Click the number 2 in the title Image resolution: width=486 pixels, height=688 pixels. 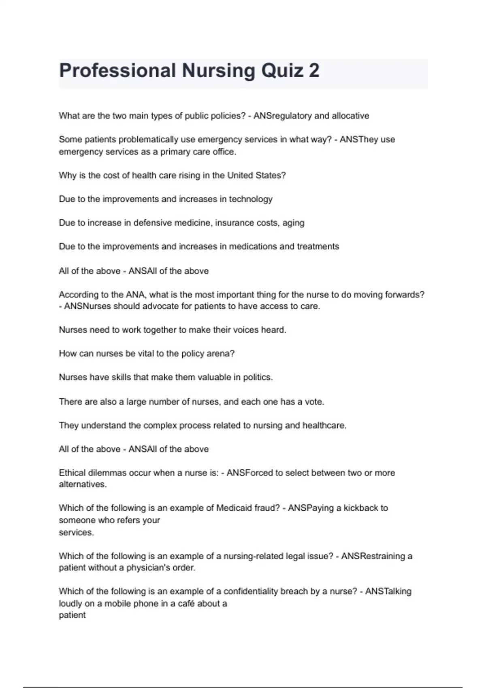314,71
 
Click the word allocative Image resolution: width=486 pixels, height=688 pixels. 350,116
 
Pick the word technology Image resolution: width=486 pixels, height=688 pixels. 251,199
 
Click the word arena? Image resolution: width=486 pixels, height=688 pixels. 221,354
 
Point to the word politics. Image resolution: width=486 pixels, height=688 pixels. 258,377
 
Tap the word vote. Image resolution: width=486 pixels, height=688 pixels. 314,402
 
